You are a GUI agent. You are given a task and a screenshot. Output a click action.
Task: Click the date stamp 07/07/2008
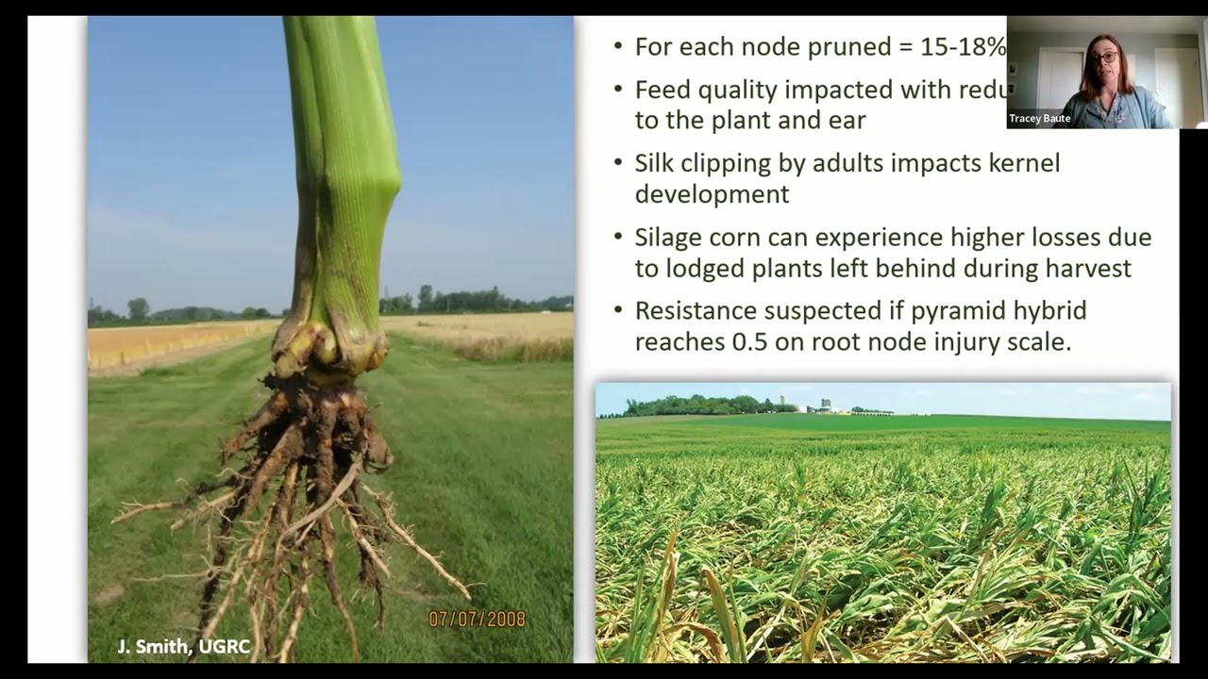point(477,620)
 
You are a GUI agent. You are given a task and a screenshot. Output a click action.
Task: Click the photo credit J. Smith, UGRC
point(183,647)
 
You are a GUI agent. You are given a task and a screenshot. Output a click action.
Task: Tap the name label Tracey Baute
point(1039,119)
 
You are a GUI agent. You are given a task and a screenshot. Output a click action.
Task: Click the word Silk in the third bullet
point(655,163)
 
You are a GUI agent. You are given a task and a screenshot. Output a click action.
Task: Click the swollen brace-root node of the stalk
point(330,349)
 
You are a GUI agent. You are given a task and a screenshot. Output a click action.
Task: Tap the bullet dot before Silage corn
point(618,238)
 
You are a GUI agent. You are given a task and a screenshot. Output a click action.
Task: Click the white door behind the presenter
point(1059,80)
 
